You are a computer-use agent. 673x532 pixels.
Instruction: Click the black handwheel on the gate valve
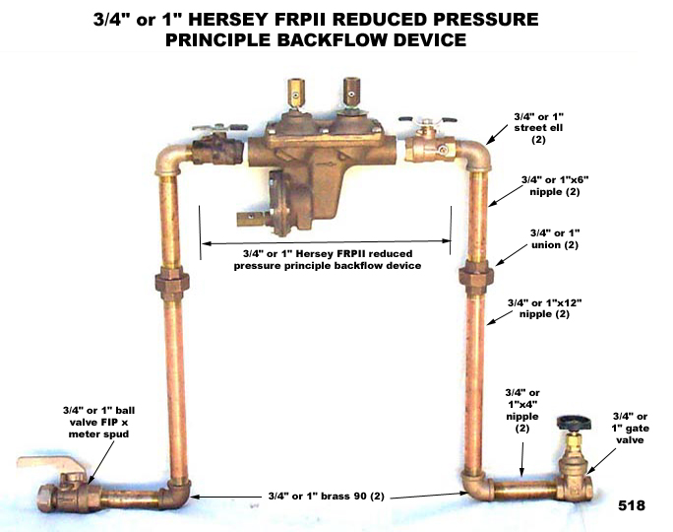pyautogui.click(x=574, y=424)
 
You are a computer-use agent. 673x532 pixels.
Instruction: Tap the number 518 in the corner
pyautogui.click(x=632, y=505)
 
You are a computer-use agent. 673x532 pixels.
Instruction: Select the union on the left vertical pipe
pyautogui.click(x=172, y=283)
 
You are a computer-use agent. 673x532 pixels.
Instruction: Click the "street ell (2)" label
pyautogui.click(x=538, y=128)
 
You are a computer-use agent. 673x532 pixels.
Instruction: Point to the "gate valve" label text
pyautogui.click(x=630, y=428)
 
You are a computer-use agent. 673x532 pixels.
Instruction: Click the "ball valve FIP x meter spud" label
pyautogui.click(x=98, y=422)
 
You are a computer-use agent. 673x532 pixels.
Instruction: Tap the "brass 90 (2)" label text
pyautogui.click(x=327, y=496)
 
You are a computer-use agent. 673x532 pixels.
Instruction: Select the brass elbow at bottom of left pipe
pyautogui.click(x=177, y=494)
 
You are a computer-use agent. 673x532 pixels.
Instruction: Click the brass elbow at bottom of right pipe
pyautogui.click(x=477, y=488)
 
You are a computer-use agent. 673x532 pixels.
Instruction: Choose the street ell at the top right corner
pyautogui.click(x=474, y=155)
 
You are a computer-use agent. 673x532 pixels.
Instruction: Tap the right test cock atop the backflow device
pyautogui.click(x=351, y=92)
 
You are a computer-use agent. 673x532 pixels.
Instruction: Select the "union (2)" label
pyautogui.click(x=555, y=239)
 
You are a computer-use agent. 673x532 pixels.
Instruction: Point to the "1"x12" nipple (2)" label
pyautogui.click(x=545, y=308)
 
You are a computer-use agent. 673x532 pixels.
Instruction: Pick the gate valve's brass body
pyautogui.click(x=576, y=477)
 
